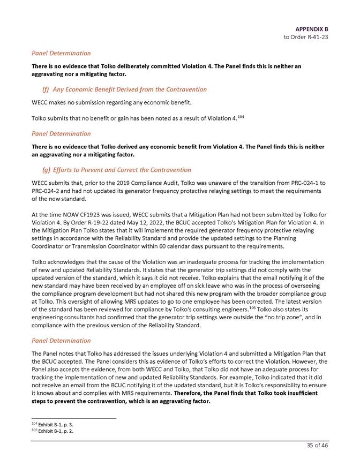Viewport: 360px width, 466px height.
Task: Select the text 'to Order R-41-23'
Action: click(306, 37)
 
